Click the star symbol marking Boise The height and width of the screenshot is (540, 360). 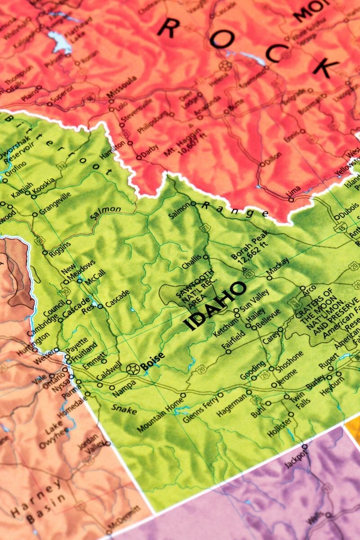point(133,369)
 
